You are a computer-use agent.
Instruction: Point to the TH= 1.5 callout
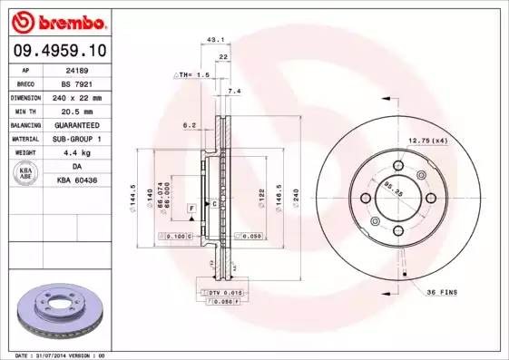click(x=193, y=74)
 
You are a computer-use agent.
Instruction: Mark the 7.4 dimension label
click(x=234, y=92)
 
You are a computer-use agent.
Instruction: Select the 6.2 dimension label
click(x=190, y=124)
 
